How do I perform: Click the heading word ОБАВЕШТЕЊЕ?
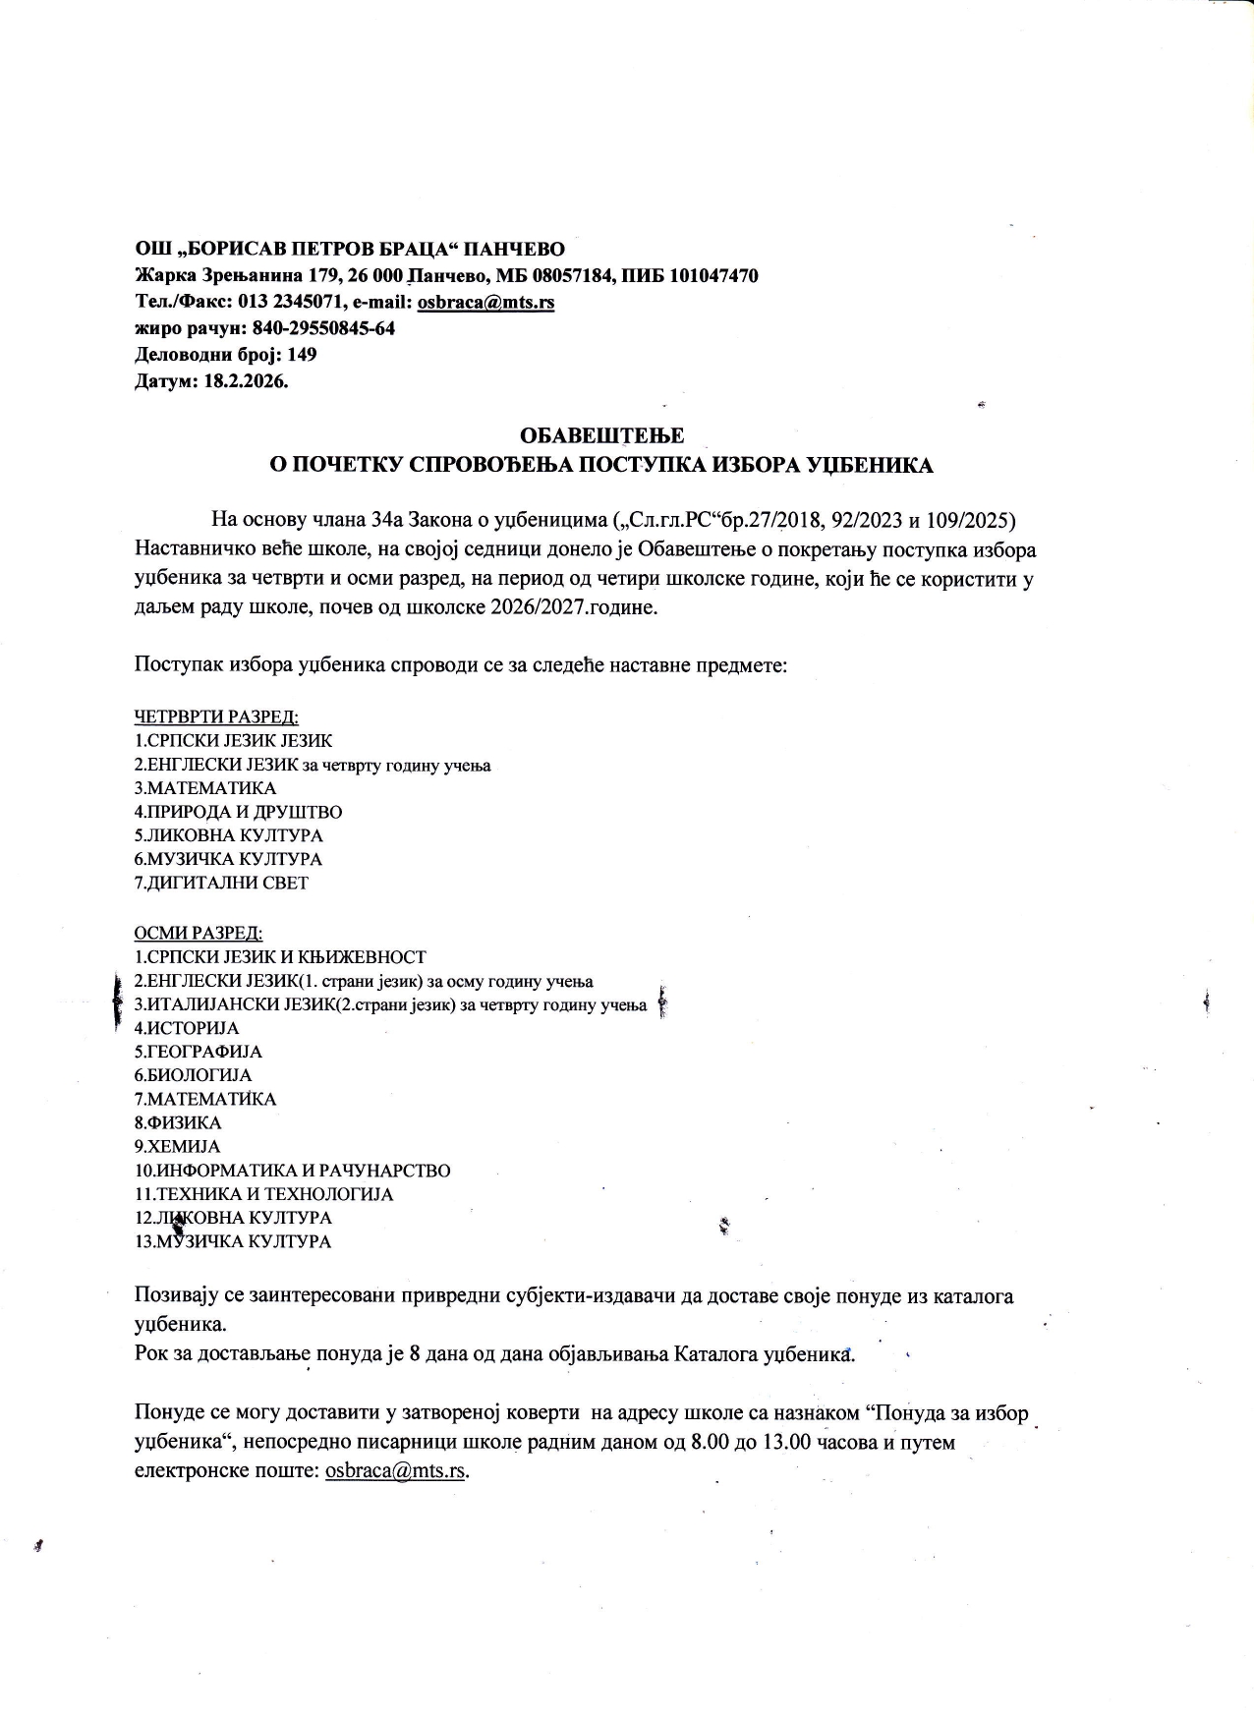coord(602,435)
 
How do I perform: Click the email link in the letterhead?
coord(485,303)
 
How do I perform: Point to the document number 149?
coord(302,355)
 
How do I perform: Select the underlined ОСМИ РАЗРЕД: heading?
coord(199,933)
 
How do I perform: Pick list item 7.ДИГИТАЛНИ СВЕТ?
coord(221,883)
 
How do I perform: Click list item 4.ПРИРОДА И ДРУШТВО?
coord(238,812)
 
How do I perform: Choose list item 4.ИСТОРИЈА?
coord(187,1028)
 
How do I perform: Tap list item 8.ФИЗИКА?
coord(178,1122)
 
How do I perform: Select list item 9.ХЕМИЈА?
coord(177,1146)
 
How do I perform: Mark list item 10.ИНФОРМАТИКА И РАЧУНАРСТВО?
coord(292,1171)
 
